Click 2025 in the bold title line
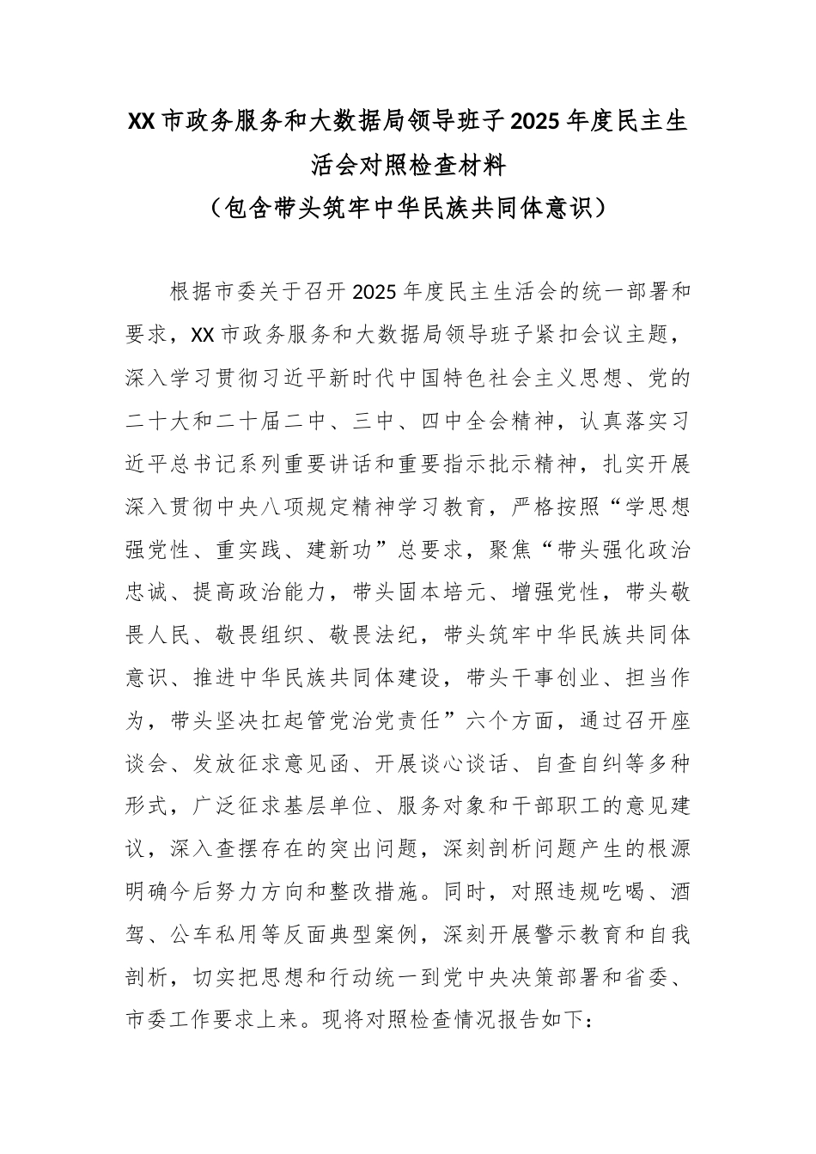(537, 122)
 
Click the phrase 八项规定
(337, 507)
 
